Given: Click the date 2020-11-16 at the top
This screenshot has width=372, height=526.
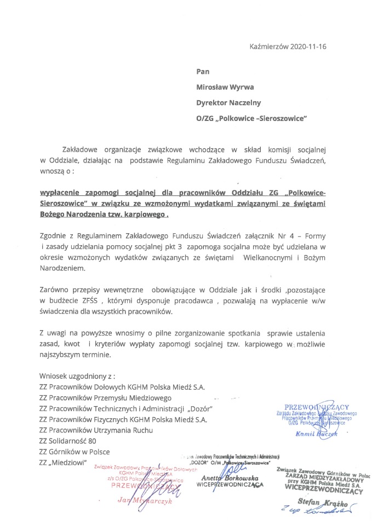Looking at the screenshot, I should click(x=308, y=46).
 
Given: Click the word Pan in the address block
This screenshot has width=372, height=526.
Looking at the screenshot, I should click(x=203, y=71).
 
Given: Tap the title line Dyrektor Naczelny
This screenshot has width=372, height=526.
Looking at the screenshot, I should click(x=229, y=102).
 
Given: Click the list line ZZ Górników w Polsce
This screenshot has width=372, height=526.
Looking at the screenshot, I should click(x=75, y=452).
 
